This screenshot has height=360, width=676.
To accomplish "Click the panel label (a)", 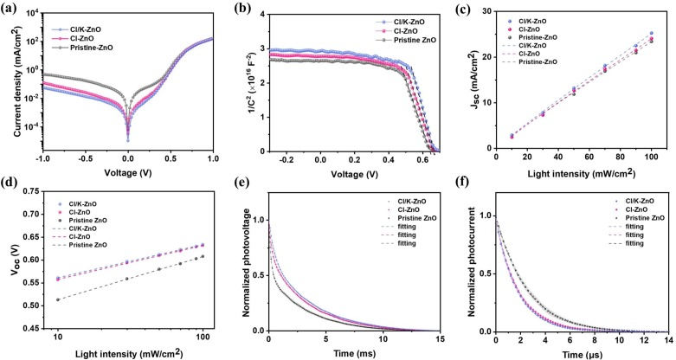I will (11, 9).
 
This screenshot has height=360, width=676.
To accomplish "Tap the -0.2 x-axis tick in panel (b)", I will (281, 161).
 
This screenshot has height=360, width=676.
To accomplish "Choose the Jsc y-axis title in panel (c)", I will (468, 82).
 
